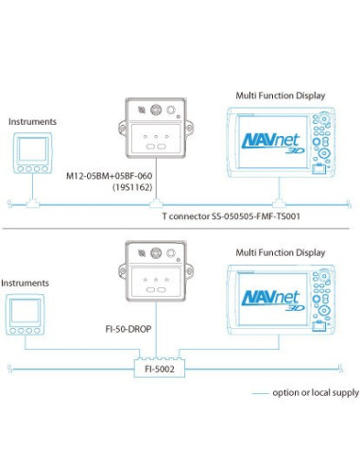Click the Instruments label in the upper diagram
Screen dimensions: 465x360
(x=32, y=122)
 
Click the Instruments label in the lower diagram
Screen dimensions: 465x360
(x=25, y=283)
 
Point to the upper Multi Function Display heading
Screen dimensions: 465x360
(x=281, y=96)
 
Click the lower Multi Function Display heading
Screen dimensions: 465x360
(x=281, y=252)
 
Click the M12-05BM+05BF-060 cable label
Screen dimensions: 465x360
(x=107, y=177)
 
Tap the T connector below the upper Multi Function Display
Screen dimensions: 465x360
(x=278, y=201)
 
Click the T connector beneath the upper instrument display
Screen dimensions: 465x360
(x=32, y=201)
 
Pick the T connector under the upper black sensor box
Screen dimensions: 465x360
(x=157, y=201)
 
